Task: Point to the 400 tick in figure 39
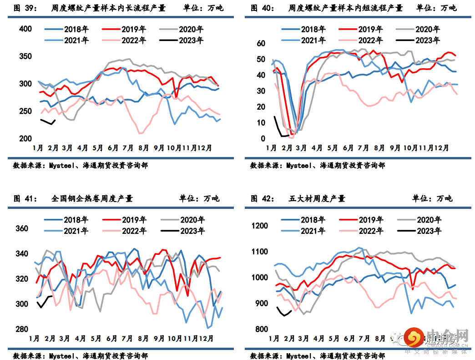(x=25, y=29)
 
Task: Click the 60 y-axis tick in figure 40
(x=261, y=44)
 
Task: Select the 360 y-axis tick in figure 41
(x=22, y=229)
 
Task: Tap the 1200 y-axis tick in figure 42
(x=262, y=226)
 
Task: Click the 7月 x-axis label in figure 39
(x=127, y=148)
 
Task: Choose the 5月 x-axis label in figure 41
(x=96, y=339)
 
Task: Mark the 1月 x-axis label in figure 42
(x=274, y=339)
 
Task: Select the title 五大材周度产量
(x=317, y=198)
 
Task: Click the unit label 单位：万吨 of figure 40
(x=436, y=8)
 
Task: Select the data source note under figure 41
(x=81, y=355)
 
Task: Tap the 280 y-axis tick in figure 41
(x=22, y=329)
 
